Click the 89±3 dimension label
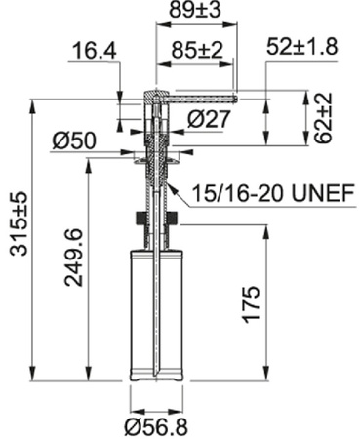click(195, 10)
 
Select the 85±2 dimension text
click(197, 51)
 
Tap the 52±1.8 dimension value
click(302, 47)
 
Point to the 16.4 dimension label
click(95, 51)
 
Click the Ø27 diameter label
click(209, 119)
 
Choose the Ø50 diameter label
click(74, 141)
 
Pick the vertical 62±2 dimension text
click(323, 118)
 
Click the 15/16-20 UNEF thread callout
click(273, 193)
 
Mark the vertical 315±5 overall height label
click(19, 223)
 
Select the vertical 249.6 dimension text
click(73, 258)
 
